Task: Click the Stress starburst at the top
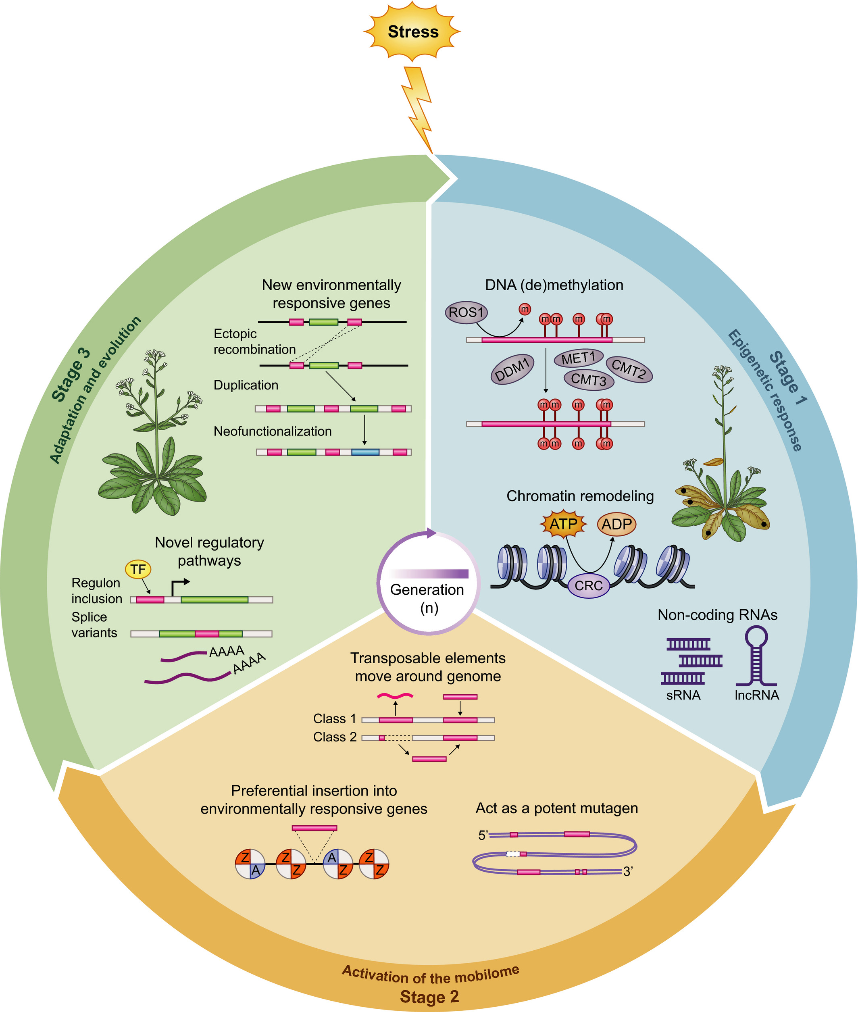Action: point(412,31)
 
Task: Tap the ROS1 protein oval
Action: point(466,312)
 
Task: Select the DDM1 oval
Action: point(512,370)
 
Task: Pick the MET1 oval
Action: point(578,358)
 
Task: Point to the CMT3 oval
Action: point(589,379)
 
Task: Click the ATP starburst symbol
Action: point(563,524)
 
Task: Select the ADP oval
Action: point(616,524)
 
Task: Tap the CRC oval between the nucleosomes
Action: point(589,585)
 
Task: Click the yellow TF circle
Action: point(138,569)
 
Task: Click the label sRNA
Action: point(683,695)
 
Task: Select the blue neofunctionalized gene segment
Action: point(365,452)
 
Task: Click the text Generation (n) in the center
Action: point(427,598)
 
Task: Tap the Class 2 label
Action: point(335,737)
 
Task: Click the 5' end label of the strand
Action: point(483,835)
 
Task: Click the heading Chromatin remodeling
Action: point(580,496)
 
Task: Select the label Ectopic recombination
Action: point(254,341)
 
